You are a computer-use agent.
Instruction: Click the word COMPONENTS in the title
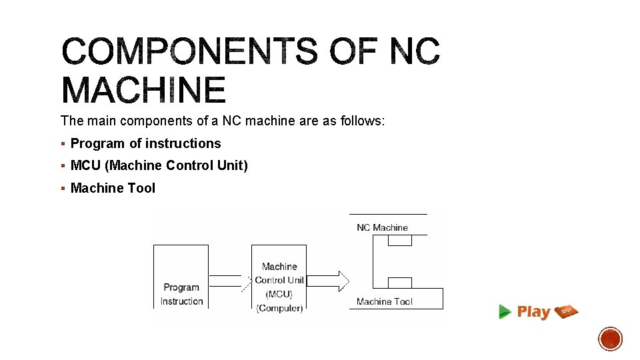pos(189,51)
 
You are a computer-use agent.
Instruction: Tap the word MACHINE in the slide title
pos(144,91)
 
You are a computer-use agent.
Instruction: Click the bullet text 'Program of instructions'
pos(145,143)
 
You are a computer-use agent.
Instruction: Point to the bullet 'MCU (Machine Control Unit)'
pos(159,165)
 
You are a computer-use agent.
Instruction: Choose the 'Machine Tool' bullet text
pos(113,188)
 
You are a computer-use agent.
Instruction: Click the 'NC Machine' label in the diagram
pos(382,227)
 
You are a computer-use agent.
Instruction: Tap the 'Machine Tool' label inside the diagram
pos(384,301)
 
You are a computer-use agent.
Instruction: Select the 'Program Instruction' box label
pos(181,294)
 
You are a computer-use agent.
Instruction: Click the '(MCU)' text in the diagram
pos(279,294)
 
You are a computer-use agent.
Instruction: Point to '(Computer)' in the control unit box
pos(279,307)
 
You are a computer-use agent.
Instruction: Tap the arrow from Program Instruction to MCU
pos(229,281)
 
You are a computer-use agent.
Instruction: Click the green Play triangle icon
pos(505,311)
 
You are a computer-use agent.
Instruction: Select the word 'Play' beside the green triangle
pos(533,311)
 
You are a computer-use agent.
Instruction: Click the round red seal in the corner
pos(610,339)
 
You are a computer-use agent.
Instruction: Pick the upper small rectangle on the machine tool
pos(399,240)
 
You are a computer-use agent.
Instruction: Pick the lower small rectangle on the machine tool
pos(399,283)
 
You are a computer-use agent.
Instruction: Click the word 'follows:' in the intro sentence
pos(363,121)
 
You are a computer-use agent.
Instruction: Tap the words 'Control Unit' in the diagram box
pos(279,280)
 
